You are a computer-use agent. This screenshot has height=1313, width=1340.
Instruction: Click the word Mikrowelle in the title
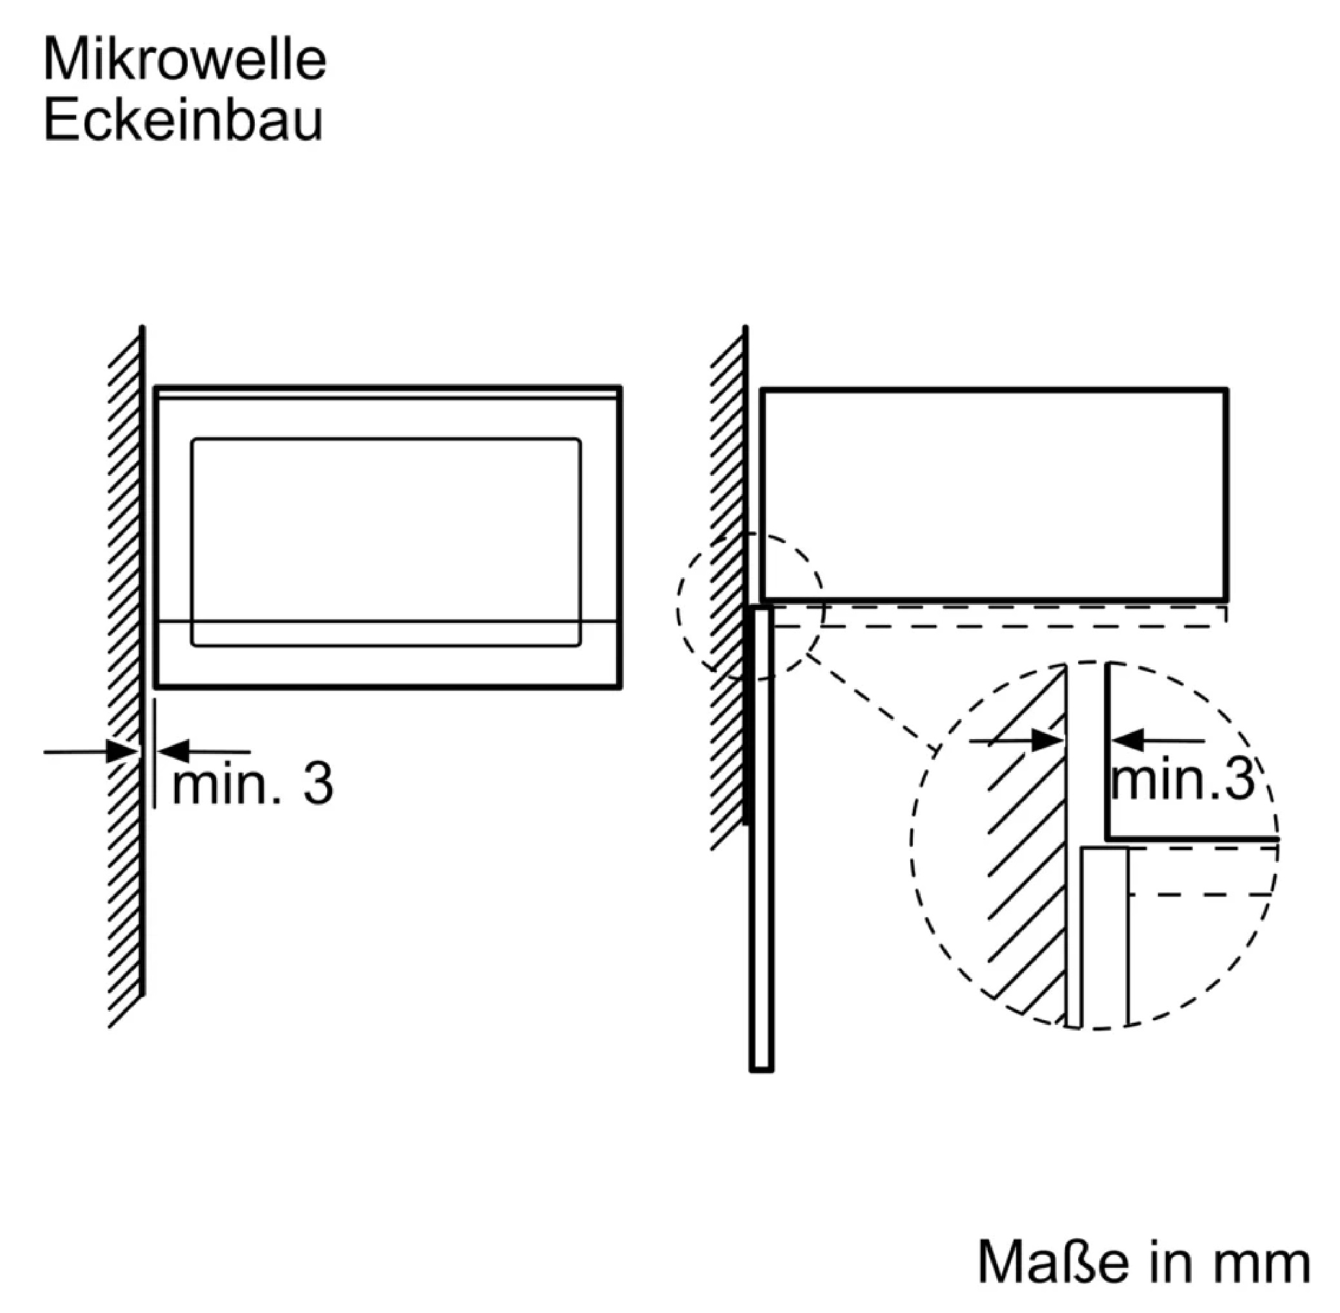click(x=185, y=60)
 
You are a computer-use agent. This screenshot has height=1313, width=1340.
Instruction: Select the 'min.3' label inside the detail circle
click(x=1183, y=779)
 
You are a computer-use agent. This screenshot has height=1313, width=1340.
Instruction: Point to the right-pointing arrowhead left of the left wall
click(x=123, y=751)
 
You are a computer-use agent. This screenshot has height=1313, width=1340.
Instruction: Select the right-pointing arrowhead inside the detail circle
click(x=1046, y=742)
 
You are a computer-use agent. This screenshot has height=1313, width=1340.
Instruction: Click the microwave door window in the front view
click(x=386, y=542)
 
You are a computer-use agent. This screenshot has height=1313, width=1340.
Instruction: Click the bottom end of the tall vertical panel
click(x=761, y=1071)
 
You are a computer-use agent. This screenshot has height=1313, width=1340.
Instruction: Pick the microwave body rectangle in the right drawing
click(x=762, y=494)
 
